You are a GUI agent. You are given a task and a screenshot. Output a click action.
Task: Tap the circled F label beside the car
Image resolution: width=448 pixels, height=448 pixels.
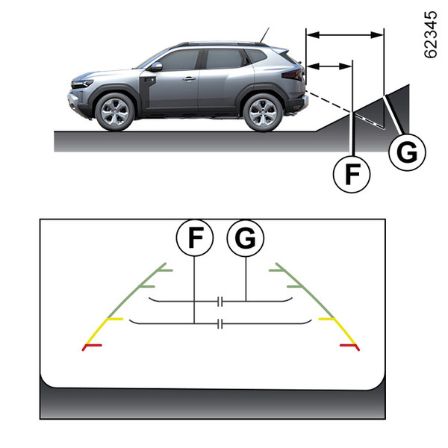(x=351, y=173)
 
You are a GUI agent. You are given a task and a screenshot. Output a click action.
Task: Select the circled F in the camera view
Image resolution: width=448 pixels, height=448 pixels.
(x=194, y=238)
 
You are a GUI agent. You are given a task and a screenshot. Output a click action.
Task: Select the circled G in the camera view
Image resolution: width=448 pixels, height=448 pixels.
(x=246, y=238)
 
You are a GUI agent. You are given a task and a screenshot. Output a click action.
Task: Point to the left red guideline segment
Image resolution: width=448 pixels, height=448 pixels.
(x=95, y=346)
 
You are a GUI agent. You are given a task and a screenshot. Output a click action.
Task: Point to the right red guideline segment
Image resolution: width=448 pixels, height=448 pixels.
(x=349, y=346)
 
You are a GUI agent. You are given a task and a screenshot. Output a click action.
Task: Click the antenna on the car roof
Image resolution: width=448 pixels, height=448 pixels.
(x=263, y=34)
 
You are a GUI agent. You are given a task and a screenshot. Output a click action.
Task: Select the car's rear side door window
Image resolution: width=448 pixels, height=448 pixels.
(x=225, y=60)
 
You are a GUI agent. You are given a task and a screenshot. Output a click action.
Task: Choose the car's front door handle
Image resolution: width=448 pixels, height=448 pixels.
(x=189, y=78)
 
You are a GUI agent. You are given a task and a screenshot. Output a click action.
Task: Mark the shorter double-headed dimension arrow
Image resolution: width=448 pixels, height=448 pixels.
(x=329, y=66)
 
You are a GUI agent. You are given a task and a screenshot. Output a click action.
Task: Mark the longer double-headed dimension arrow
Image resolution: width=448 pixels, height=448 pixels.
(x=345, y=33)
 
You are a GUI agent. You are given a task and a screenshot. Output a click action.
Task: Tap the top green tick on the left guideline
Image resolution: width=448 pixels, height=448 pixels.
(x=165, y=267)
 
